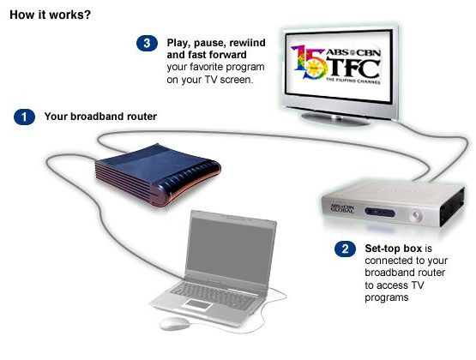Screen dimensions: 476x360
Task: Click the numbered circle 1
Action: [x=24, y=117]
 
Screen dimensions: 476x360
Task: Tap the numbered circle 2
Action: [x=345, y=249]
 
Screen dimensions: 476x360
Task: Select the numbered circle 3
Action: [x=147, y=43]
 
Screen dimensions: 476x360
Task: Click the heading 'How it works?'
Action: [x=50, y=15]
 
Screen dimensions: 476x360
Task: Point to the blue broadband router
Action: [x=158, y=175]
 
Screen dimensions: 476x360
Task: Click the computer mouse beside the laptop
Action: [x=175, y=324]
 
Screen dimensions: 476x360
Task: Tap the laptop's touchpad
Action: [x=198, y=304]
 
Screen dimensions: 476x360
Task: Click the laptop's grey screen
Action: [x=230, y=251]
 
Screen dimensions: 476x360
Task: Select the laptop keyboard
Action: [x=214, y=291]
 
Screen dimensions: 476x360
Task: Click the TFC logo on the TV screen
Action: [x=352, y=68]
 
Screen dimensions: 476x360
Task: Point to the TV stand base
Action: [x=335, y=118]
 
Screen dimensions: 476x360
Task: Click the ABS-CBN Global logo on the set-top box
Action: [x=342, y=208]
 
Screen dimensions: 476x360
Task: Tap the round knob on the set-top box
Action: [x=417, y=216]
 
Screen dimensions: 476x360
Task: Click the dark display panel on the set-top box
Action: [x=380, y=212]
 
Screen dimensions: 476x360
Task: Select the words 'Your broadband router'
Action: [x=100, y=117]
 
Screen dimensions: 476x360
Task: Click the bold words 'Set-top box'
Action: [x=394, y=249]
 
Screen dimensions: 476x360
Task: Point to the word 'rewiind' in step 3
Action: [x=247, y=43]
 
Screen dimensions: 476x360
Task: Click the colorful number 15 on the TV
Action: [x=309, y=63]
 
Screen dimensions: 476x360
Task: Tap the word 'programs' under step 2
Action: [x=387, y=297]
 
